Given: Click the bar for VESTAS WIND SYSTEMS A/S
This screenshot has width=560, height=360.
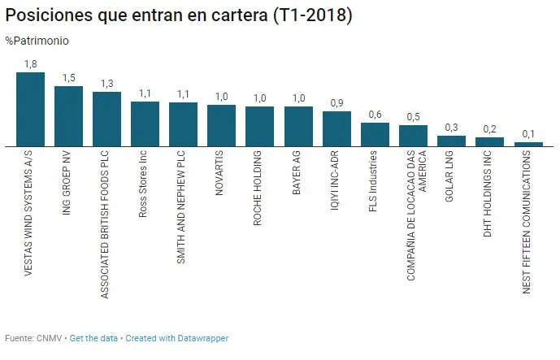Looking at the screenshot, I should click(30, 109).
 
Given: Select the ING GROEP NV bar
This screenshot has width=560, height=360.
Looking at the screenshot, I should click(68, 116).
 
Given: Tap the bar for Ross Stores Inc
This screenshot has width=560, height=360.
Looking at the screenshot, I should click(145, 124).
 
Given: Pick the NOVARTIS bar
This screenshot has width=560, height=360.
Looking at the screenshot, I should click(221, 126).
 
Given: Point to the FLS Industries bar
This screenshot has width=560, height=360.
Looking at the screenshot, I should click(375, 135).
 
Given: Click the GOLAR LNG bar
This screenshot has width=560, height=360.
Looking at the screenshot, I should click(451, 141).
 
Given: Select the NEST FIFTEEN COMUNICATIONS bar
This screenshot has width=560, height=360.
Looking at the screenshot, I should click(527, 144).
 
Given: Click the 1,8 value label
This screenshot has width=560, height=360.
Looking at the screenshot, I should click(30, 63).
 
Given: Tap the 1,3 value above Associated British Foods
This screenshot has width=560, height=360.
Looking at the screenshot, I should click(106, 83).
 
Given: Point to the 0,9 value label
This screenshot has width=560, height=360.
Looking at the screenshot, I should click(336, 102).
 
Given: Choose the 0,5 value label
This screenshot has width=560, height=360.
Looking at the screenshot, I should click(413, 116).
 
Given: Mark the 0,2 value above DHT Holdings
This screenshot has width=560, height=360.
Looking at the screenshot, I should click(489, 128).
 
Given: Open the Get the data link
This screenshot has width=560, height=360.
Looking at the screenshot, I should click(94, 338).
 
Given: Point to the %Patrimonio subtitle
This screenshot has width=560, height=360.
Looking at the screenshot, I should click(37, 41).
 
